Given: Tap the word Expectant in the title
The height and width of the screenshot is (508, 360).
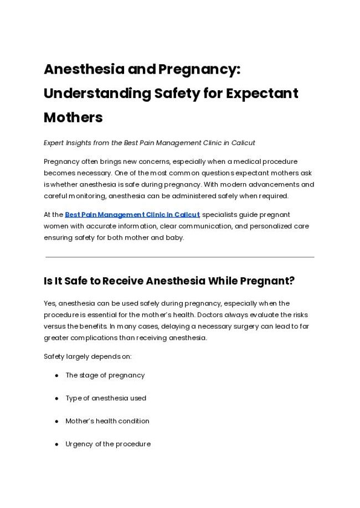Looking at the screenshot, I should (261, 94).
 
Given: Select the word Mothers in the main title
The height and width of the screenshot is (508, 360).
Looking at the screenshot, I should (73, 117).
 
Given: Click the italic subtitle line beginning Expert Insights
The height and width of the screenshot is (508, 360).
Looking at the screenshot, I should (149, 143).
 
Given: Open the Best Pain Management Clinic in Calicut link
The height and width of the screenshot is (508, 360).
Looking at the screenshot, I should (132, 215).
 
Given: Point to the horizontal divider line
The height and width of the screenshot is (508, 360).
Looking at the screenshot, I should (179, 257).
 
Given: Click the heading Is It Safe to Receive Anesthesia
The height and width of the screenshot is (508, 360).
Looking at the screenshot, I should (169, 281).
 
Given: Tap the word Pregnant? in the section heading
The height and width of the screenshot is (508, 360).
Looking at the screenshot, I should (267, 281).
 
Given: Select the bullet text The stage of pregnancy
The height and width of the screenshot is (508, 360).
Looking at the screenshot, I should (105, 375).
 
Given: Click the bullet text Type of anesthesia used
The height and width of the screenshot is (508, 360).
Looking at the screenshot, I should (106, 398).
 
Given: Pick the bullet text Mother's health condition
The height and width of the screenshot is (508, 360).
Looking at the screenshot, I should (107, 421).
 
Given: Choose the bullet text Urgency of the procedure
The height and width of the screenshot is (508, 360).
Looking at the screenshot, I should (107, 444).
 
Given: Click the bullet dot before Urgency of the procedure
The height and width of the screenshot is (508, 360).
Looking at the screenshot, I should (57, 444).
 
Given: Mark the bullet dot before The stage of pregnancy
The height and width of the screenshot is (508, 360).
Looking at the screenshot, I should (57, 375).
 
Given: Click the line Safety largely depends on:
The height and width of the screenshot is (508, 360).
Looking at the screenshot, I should (88, 356).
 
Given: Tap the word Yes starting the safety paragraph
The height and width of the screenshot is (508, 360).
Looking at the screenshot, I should (50, 303).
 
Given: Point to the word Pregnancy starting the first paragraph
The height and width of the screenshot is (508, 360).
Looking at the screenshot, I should (61, 162).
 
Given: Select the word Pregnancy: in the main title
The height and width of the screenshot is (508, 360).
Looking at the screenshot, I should (199, 70).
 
